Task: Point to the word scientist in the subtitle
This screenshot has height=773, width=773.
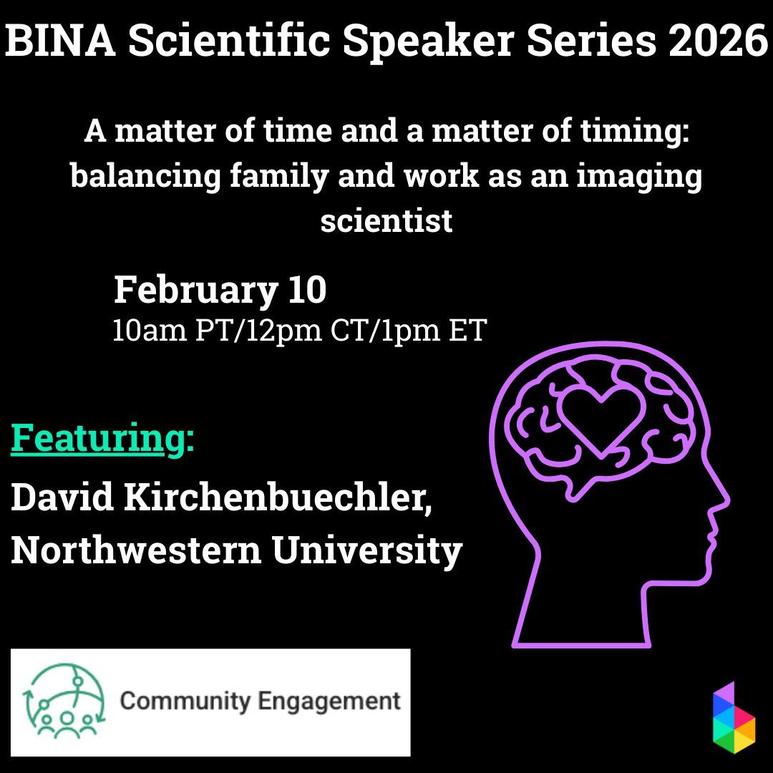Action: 386,220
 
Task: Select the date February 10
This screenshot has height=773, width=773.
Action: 220,291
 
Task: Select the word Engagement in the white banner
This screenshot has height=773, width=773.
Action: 329,701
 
